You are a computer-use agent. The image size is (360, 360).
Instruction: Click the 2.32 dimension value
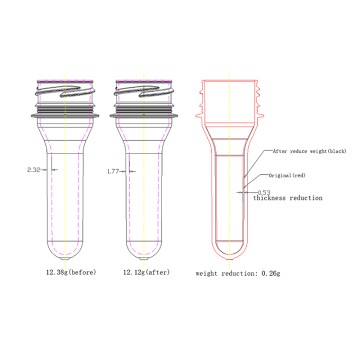click(35, 171)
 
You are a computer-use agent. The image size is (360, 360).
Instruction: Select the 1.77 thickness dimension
click(114, 171)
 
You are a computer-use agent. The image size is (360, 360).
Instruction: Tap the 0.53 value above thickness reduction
click(264, 190)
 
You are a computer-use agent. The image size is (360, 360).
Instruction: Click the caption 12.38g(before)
click(63, 270)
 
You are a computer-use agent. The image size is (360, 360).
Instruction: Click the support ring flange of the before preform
click(63, 113)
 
